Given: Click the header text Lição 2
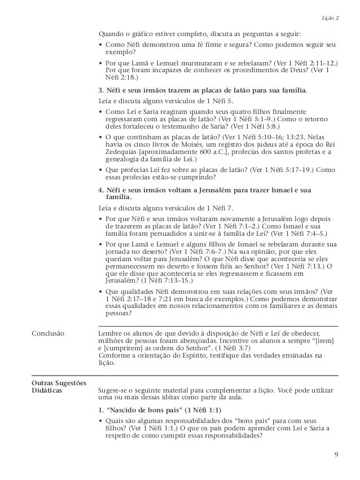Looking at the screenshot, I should pyautogui.click(x=330, y=19).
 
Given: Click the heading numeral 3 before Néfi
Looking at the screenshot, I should pyautogui.click(x=100, y=90).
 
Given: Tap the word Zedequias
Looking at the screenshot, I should pyautogui.click(x=117, y=152).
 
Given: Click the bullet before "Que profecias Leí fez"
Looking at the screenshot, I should pyautogui.click(x=100, y=169).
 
